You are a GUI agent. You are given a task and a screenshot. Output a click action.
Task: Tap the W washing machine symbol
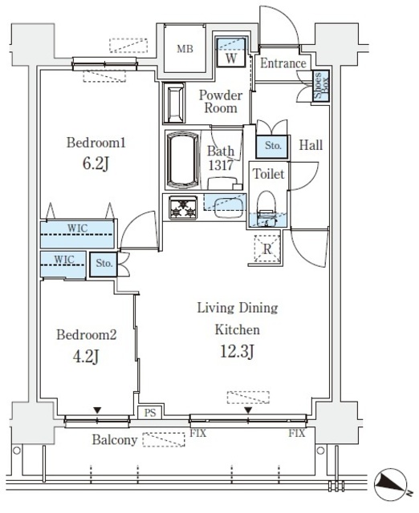pyautogui.click(x=231, y=57)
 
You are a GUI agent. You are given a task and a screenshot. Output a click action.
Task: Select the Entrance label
pyautogui.click(x=283, y=63)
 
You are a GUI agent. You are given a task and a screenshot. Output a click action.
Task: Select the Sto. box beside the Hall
pyautogui.click(x=273, y=146)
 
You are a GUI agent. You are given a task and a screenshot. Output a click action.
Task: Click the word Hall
pyautogui.click(x=311, y=145)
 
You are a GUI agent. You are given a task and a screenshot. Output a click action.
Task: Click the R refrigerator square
pyautogui.click(x=266, y=249)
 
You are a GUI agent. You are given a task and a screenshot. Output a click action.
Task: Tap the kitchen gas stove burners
pyautogui.click(x=183, y=208)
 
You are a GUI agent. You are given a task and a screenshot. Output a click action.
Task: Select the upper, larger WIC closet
pyautogui.click(x=79, y=235)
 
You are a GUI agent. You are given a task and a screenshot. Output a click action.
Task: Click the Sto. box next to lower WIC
pyautogui.click(x=104, y=262)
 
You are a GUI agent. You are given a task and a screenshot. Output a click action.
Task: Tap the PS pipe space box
pyautogui.click(x=149, y=414)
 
